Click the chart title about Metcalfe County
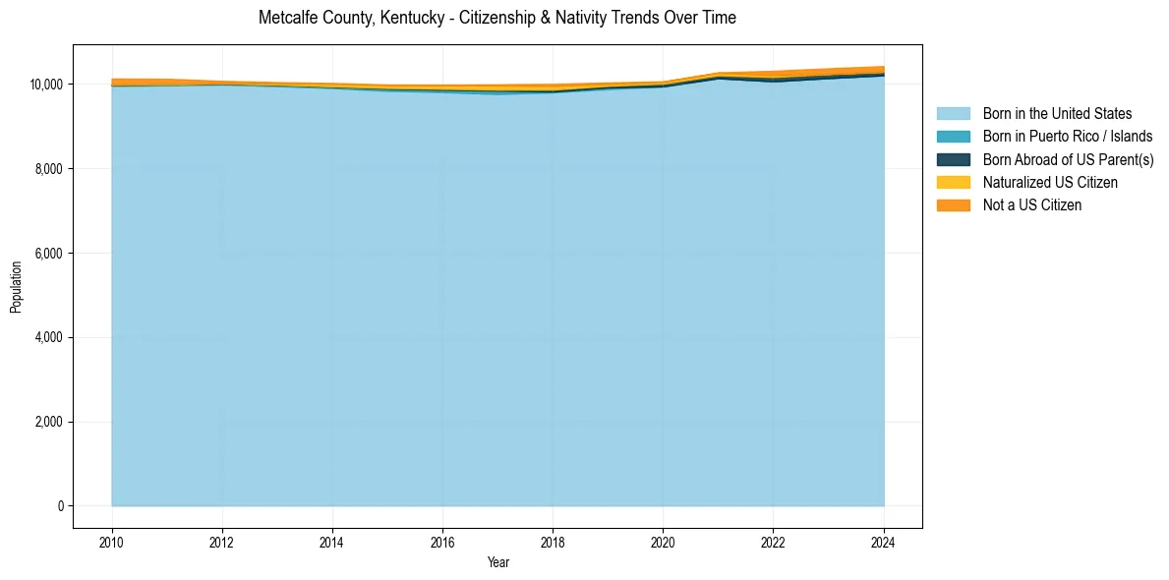tap(497, 18)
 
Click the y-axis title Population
tap(16, 287)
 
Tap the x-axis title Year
tap(497, 562)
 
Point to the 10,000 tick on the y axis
tap(46, 85)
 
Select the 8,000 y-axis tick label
tap(49, 169)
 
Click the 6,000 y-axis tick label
tap(49, 254)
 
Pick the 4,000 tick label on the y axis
tap(49, 337)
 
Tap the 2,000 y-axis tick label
tap(49, 422)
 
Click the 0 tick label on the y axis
tap(60, 506)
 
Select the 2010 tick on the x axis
tap(112, 541)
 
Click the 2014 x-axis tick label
tap(332, 541)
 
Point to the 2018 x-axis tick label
tap(553, 541)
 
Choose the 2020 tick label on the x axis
tap(663, 541)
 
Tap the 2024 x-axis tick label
tap(884, 541)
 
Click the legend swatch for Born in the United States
tap(953, 114)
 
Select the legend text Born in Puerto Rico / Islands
tap(1068, 137)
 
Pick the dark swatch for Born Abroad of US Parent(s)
tap(953, 159)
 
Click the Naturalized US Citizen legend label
tap(1050, 182)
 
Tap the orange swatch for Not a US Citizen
tap(953, 204)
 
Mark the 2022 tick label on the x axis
tap(773, 541)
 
